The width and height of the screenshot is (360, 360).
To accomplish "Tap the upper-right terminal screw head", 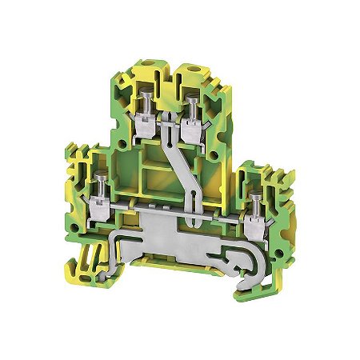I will [193, 102].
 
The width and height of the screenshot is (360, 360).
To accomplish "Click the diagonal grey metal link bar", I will [179, 172].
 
